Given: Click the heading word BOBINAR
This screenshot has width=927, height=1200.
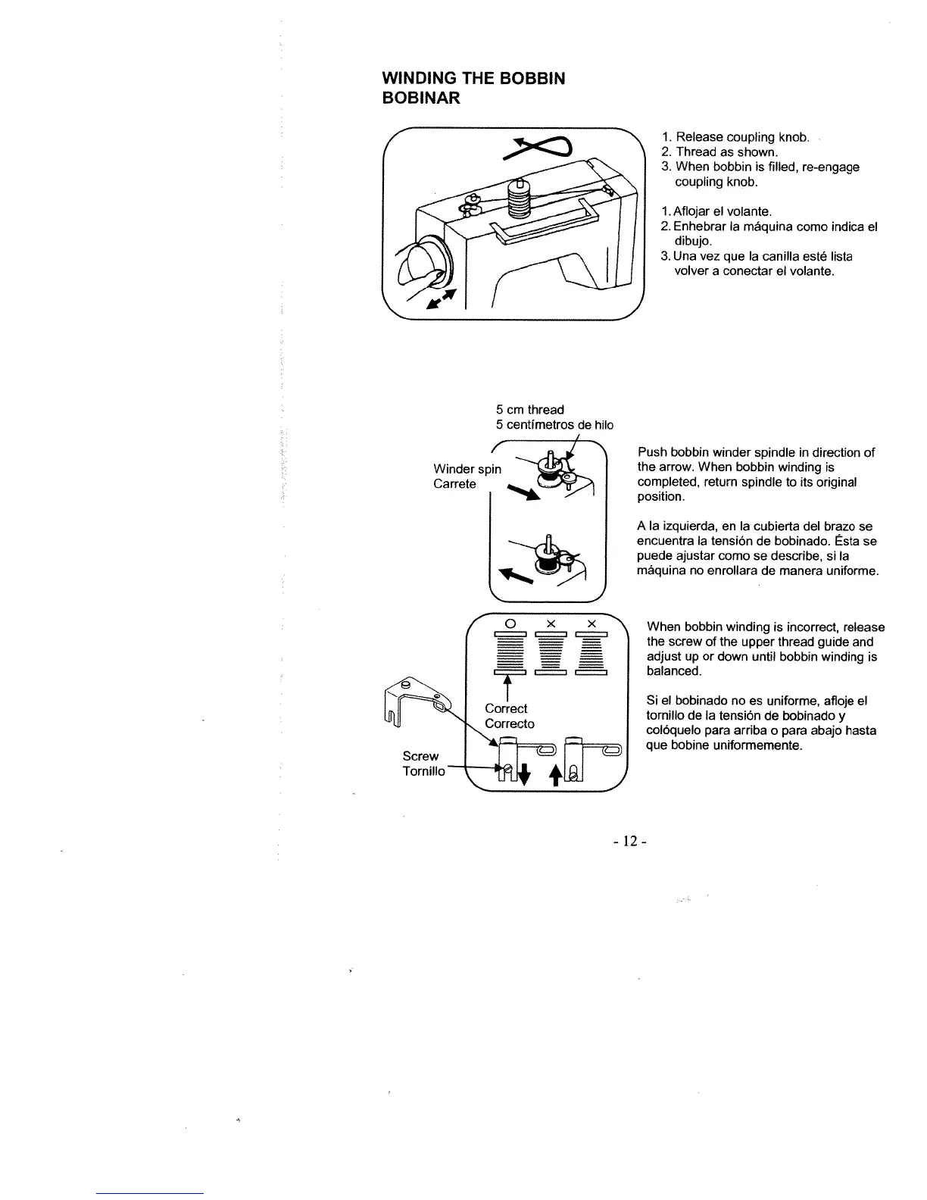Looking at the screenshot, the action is click(421, 98).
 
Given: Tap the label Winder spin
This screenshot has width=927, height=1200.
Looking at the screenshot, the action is click(467, 469).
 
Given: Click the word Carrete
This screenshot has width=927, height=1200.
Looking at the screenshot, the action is click(454, 484).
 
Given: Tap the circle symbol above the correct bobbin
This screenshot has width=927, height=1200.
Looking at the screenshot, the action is click(510, 623).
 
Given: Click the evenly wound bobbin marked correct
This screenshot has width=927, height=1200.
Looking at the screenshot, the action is click(510, 652).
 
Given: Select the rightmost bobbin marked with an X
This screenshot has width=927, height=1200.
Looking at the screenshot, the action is click(591, 652).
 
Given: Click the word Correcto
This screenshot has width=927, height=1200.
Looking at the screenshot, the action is click(510, 723).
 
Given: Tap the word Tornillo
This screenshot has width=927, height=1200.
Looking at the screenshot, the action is click(423, 771).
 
